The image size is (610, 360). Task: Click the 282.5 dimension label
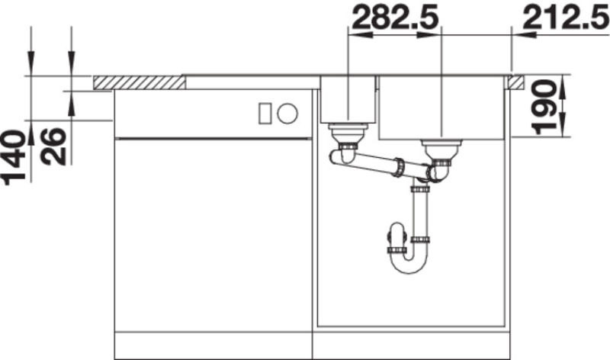[x=395, y=18]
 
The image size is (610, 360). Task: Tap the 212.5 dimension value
[x=566, y=18]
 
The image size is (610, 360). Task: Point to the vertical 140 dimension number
[x=13, y=157]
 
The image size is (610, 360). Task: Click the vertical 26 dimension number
[x=53, y=146]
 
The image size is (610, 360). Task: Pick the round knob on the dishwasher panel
[x=287, y=114]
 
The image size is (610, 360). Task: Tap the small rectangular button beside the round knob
[x=265, y=114]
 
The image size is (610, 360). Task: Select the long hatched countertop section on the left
[x=140, y=82]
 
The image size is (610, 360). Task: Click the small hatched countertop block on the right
[x=516, y=82]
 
